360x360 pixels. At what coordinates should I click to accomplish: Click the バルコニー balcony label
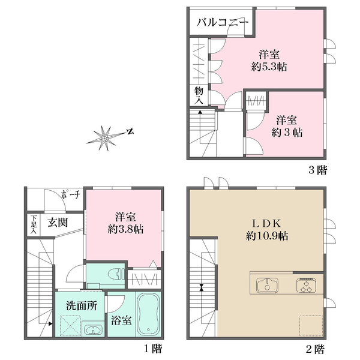coord(223,23)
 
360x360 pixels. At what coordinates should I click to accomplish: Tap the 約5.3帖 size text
coord(269,67)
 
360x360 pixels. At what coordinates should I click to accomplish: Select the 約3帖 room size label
coord(287,133)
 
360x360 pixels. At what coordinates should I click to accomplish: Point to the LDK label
coord(267,223)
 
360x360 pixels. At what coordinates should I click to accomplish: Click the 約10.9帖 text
coord(267,236)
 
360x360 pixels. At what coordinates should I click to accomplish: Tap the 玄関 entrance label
coord(58,222)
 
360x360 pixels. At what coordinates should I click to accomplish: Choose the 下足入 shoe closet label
coord(34,224)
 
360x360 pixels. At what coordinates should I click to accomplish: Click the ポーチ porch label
coord(70,195)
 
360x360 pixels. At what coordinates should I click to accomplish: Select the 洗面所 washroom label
coord(82,306)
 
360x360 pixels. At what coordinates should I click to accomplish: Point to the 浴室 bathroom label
coord(121,320)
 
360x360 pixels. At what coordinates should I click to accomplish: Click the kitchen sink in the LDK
coord(267,286)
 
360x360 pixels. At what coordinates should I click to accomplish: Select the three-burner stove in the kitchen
coord(306,285)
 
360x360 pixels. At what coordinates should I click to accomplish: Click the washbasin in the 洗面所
coord(93,329)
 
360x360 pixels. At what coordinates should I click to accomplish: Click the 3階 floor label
coord(317,170)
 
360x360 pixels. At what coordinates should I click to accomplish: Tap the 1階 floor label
coord(153,349)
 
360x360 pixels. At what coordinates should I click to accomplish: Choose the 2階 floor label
coord(316,349)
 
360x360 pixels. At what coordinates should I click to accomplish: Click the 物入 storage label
coord(199,96)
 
